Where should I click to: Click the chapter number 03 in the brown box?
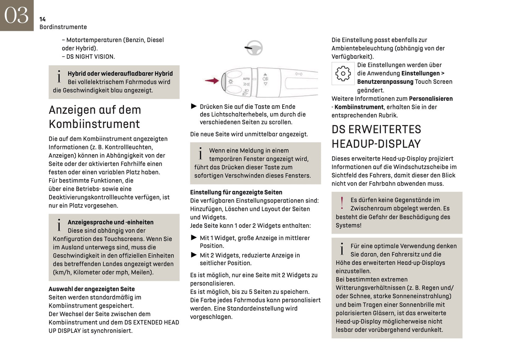(16, 15)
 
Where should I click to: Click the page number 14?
(42, 19)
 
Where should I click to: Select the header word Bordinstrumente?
(63, 27)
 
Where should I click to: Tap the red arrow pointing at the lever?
(212, 81)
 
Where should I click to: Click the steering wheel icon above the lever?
(254, 48)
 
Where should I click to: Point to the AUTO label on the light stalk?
(246, 79)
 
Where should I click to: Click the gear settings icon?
(343, 74)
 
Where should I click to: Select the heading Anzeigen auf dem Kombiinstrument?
(95, 117)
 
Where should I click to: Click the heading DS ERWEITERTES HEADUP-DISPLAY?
(376, 137)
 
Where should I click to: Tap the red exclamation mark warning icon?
(342, 203)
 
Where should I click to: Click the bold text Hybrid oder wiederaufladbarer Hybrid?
(120, 74)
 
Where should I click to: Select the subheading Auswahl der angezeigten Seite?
(92, 289)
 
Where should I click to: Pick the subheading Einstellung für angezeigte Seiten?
(236, 192)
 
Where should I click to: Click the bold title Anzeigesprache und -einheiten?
(111, 222)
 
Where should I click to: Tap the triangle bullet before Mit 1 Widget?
(194, 238)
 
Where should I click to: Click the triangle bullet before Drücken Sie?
(194, 106)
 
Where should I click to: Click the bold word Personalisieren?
(431, 99)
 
